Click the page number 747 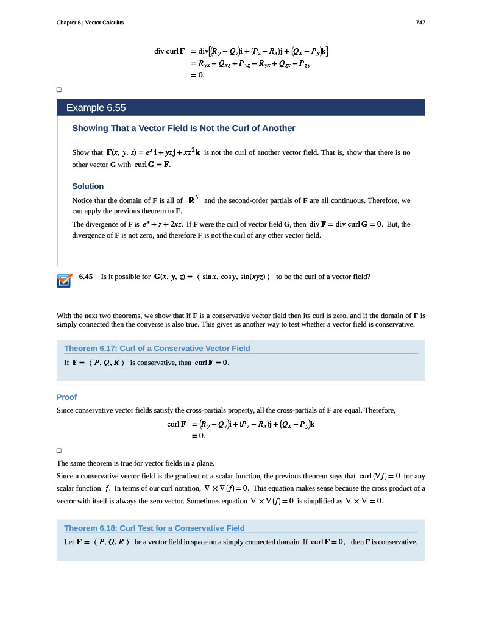click(x=420, y=23)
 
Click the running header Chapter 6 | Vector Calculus click(x=90, y=23)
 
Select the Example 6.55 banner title click(x=96, y=108)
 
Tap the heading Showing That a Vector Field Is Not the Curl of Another click(x=183, y=128)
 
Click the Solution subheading click(x=88, y=186)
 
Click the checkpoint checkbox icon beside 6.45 click(x=63, y=280)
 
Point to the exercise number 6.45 click(x=86, y=277)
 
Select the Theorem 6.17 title click(x=157, y=348)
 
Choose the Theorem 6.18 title click(x=154, y=528)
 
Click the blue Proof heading click(x=66, y=397)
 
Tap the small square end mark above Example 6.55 click(x=59, y=90)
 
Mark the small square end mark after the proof click(x=59, y=450)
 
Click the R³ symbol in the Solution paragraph click(x=194, y=199)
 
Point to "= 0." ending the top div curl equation click(x=197, y=75)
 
